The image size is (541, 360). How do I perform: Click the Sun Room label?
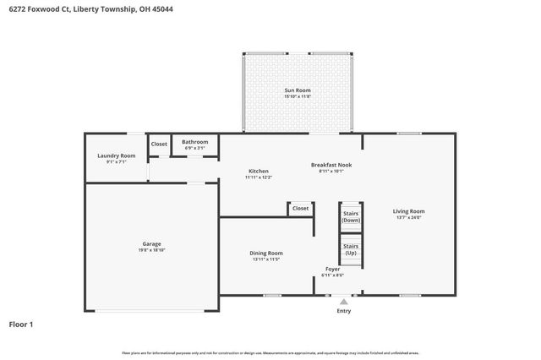point(296,90)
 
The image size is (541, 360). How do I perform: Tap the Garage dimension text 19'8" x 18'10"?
point(151,250)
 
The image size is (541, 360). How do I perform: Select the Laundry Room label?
point(116,155)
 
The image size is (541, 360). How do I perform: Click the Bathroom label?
point(194,142)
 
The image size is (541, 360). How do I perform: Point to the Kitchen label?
point(258,171)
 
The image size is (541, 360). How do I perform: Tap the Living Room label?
point(408,211)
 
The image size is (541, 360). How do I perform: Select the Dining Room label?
point(265,253)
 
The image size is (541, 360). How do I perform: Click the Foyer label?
point(333,269)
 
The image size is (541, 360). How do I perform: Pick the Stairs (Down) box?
point(351,216)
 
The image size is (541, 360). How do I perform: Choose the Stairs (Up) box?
point(351,250)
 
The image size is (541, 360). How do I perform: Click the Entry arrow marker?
point(343,300)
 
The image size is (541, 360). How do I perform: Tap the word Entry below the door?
point(343,310)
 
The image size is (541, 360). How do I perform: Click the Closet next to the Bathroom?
point(159,144)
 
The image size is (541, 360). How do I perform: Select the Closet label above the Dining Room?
point(300,208)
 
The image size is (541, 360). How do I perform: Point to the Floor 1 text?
point(21,324)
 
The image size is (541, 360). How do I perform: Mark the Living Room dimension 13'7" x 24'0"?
point(408,218)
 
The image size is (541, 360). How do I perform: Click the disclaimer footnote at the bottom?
point(270,352)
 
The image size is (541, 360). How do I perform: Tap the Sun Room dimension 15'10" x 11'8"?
point(296,96)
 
